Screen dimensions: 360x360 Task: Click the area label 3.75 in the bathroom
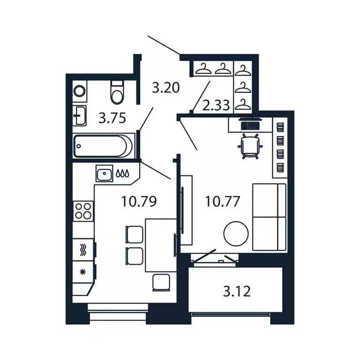(x=112, y=118)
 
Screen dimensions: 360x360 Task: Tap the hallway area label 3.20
(x=166, y=88)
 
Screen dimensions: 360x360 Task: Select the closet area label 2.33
(x=216, y=105)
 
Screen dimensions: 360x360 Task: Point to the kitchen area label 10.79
(x=138, y=202)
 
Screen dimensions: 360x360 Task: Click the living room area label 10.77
(x=223, y=202)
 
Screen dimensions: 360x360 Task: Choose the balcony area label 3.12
(x=237, y=291)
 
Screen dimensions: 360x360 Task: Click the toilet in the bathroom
(x=117, y=92)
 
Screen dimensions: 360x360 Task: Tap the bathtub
(x=104, y=146)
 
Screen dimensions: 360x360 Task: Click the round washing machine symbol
(x=80, y=91)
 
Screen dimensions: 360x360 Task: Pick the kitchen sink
(x=104, y=174)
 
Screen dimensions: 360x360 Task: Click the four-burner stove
(x=83, y=210)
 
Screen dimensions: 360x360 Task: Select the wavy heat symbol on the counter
(x=83, y=249)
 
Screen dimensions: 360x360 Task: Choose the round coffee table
(x=235, y=233)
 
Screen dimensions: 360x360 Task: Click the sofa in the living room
(x=269, y=217)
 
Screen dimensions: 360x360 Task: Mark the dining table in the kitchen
(x=160, y=245)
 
